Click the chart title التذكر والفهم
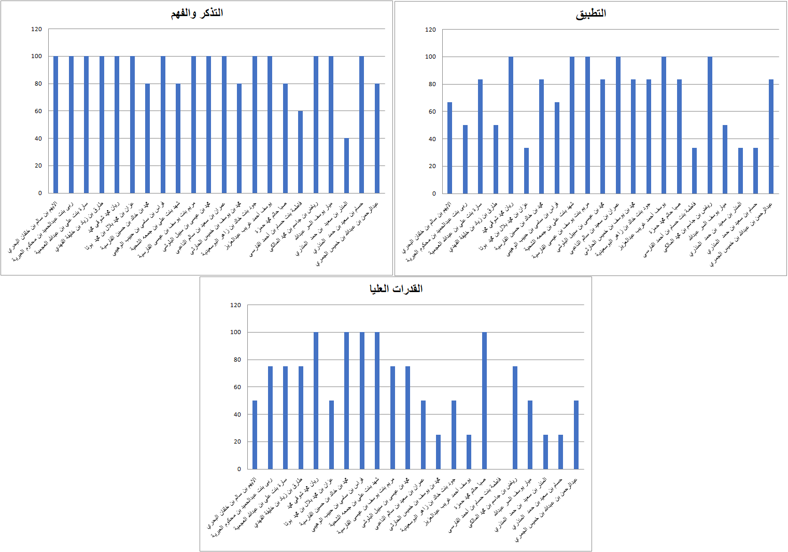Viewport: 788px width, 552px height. click(197, 13)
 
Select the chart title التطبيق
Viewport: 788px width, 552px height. click(590, 13)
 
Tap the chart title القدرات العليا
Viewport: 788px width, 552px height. click(396, 288)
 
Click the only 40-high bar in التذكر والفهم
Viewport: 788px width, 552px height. click(346, 165)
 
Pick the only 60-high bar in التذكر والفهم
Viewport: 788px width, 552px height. click(300, 151)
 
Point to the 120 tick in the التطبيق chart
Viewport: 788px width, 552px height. click(430, 30)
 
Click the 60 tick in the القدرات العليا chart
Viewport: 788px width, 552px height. click(235, 387)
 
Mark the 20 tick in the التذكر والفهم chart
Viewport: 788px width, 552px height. click(38, 165)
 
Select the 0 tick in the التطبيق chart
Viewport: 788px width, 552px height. click(434, 194)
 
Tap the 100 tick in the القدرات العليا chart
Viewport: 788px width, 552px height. click(235, 332)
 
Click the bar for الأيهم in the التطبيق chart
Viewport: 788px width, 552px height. click(449, 148)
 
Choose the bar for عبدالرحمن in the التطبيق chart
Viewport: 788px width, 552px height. click(771, 136)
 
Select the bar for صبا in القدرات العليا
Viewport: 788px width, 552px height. click(484, 401)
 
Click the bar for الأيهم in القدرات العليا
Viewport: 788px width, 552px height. click(255, 435)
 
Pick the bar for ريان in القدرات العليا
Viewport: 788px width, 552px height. click(316, 401)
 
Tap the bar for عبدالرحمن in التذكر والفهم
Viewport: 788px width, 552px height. click(377, 138)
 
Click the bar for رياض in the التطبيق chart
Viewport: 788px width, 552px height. click(710, 125)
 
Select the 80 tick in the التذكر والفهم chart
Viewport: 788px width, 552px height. click(38, 84)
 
